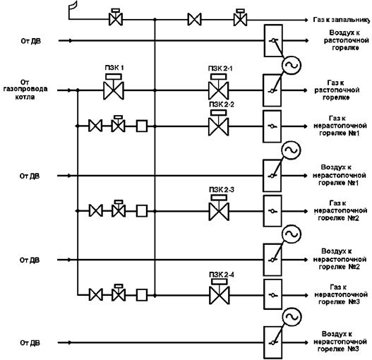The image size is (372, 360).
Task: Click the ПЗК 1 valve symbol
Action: point(114,87)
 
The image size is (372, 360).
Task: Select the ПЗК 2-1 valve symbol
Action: point(219,87)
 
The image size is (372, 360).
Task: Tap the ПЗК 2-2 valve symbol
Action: point(219,123)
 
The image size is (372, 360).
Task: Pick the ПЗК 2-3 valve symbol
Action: point(219,208)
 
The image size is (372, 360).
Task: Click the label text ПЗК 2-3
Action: point(222,190)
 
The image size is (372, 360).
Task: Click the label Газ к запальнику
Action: point(341,20)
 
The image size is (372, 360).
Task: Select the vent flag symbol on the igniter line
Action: point(73,10)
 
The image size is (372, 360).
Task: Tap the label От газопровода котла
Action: point(25,90)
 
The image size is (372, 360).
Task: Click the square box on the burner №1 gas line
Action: point(142,126)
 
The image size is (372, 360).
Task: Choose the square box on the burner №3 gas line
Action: point(142,295)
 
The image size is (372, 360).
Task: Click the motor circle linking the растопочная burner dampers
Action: point(292,65)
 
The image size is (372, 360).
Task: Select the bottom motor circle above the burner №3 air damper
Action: point(292,317)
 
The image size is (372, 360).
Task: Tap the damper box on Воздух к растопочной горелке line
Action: point(273,40)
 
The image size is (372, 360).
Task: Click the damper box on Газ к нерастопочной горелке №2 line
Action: point(272,211)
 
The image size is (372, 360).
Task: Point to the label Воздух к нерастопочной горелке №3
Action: point(340,342)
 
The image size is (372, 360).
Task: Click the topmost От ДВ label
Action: point(30,41)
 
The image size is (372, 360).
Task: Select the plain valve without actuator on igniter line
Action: point(195,20)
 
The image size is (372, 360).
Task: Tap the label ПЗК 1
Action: point(114,68)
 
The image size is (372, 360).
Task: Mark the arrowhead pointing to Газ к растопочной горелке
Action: point(305,90)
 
